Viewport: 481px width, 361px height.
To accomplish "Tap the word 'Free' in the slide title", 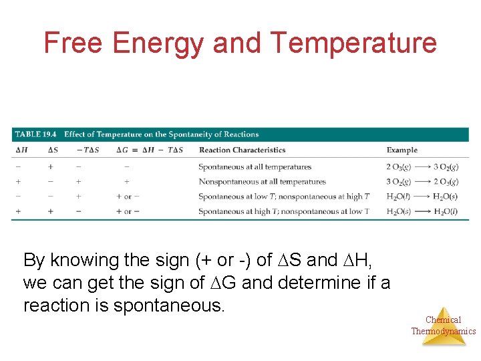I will (x=73, y=43).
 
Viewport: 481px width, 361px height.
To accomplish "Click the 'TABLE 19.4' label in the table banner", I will (x=35, y=134).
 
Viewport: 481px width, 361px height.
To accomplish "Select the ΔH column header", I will (x=21, y=150).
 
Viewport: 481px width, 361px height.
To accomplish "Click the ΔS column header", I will (x=53, y=150).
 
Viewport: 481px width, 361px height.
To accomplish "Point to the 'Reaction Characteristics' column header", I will (x=242, y=150).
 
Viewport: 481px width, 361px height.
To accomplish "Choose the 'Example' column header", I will (x=402, y=150).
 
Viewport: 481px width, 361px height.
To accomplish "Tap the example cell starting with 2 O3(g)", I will (x=422, y=167).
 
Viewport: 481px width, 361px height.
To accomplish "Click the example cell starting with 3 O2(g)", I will (x=422, y=182).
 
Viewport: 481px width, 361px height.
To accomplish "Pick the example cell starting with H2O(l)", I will (x=422, y=197).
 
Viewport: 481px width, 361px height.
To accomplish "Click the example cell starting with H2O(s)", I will (x=422, y=211).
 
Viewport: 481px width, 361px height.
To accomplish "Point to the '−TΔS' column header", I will (x=87, y=150).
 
